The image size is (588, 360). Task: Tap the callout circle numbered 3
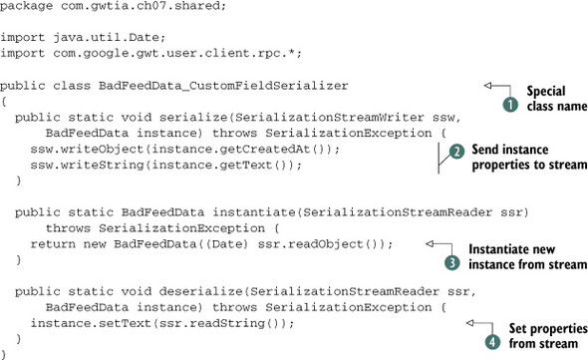point(449,262)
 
